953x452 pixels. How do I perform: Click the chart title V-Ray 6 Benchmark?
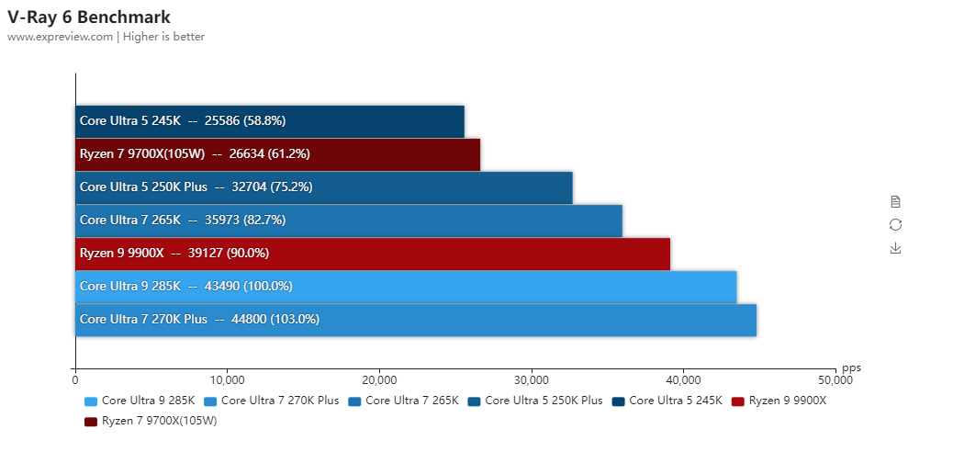[x=88, y=17]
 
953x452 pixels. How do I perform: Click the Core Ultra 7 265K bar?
[x=348, y=220]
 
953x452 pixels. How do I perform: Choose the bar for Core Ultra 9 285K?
[x=405, y=286]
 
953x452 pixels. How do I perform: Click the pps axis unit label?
[x=851, y=367]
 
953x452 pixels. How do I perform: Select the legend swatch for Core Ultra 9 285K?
[x=90, y=401]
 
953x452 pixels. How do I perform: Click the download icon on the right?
[x=895, y=248]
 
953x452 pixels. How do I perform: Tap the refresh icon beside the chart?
[x=895, y=225]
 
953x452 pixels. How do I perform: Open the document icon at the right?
[x=895, y=201]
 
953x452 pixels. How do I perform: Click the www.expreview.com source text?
[x=61, y=37]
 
